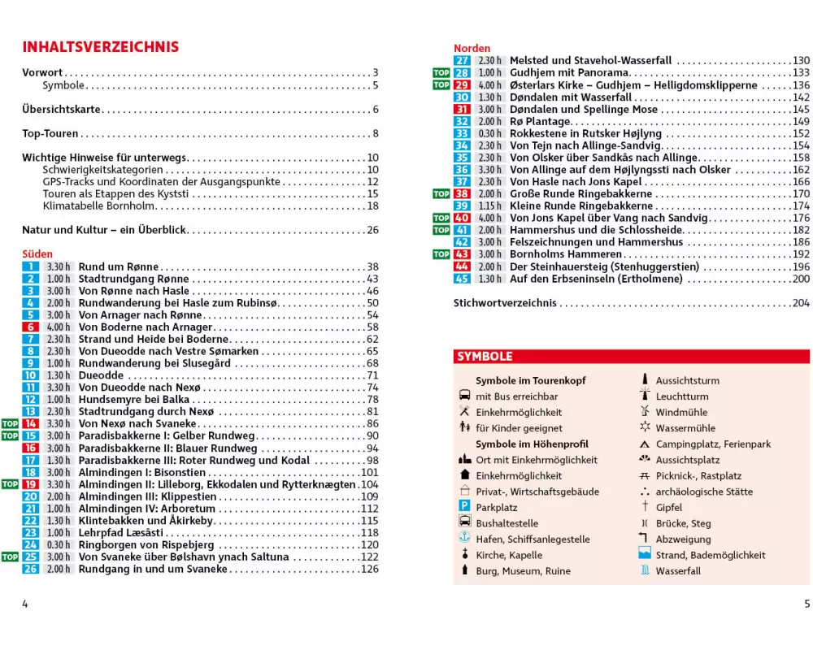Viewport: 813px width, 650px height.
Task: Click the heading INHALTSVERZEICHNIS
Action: [x=101, y=47]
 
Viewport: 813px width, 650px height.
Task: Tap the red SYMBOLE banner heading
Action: [x=485, y=357]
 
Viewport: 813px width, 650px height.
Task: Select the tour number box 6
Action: [x=30, y=327]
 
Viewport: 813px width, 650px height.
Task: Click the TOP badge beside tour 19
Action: [x=10, y=484]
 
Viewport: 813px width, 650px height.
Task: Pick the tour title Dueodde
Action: [x=102, y=375]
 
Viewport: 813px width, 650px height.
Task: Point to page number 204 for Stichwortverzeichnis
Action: [x=800, y=303]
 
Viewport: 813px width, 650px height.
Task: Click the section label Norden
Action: [x=472, y=48]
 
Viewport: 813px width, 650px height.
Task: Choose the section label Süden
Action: [x=37, y=254]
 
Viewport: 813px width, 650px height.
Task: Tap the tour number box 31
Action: [x=462, y=109]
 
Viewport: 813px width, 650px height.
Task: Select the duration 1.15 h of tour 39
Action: [x=489, y=206]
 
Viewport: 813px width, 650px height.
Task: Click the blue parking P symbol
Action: [x=464, y=507]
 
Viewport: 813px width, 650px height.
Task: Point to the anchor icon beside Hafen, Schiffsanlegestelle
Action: [x=464, y=539]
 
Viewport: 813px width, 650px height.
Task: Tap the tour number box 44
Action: [x=462, y=266]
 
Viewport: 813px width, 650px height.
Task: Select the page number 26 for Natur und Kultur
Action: [x=373, y=230]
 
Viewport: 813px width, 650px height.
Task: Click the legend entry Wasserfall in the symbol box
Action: [x=678, y=570]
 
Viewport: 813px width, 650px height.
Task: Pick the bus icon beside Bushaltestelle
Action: [x=464, y=522]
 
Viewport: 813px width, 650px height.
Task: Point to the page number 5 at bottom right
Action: [x=806, y=604]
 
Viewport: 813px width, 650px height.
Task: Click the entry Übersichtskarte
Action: [x=61, y=110]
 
